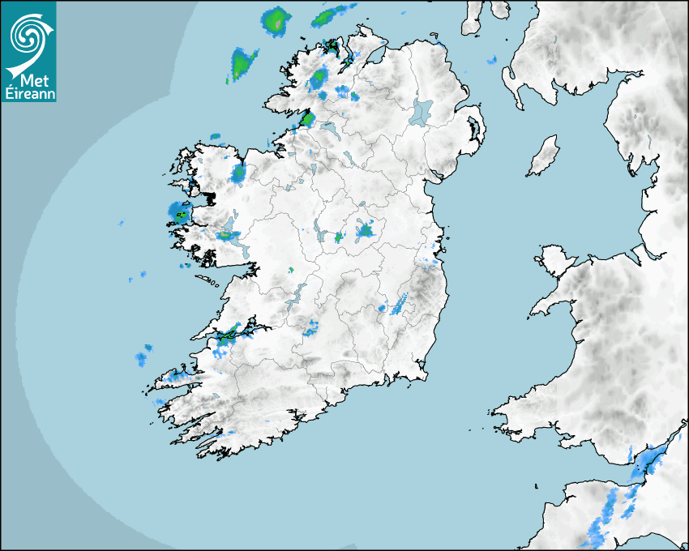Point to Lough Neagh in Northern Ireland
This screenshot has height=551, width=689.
[422, 111]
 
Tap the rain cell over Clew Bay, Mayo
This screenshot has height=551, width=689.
[178, 214]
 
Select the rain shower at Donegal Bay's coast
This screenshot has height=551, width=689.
[307, 120]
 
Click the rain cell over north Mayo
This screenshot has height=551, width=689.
[238, 173]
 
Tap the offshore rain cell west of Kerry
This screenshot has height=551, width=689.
[143, 357]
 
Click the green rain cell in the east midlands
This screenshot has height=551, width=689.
[365, 231]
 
